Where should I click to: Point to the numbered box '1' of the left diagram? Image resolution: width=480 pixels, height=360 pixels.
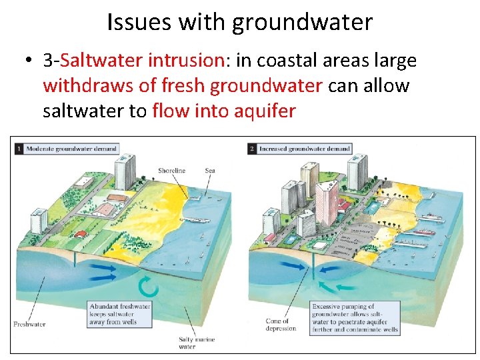19,149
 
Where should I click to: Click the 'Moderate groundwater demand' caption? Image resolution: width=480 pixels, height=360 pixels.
71,149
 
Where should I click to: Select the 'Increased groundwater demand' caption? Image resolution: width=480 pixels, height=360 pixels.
304,149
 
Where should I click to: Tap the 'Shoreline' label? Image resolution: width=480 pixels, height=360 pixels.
171,171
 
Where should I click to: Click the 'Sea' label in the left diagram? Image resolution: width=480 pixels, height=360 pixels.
211,171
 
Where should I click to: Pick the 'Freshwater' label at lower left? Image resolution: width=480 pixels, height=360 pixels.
29,325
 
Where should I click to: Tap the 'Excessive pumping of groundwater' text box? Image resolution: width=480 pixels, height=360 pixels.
355,318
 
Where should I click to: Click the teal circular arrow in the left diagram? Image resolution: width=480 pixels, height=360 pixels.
148,287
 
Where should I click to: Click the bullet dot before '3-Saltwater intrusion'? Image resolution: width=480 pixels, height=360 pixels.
27,61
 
